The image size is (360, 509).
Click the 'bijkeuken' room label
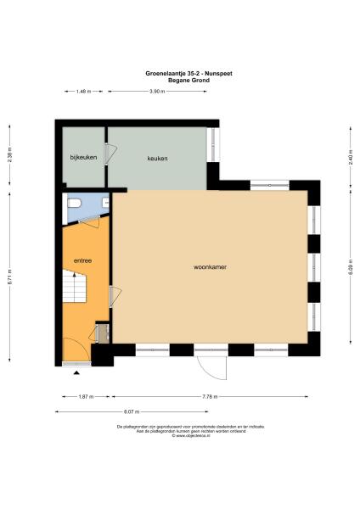coord(82,159)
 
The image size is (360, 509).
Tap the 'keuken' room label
coord(157,159)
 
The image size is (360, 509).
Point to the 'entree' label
coord(83,260)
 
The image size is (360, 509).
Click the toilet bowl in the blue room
coord(75,204)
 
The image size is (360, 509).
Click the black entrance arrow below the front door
coord(77,372)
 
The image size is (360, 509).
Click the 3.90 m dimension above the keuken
coord(157,91)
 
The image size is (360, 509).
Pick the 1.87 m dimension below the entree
coord(84,396)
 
